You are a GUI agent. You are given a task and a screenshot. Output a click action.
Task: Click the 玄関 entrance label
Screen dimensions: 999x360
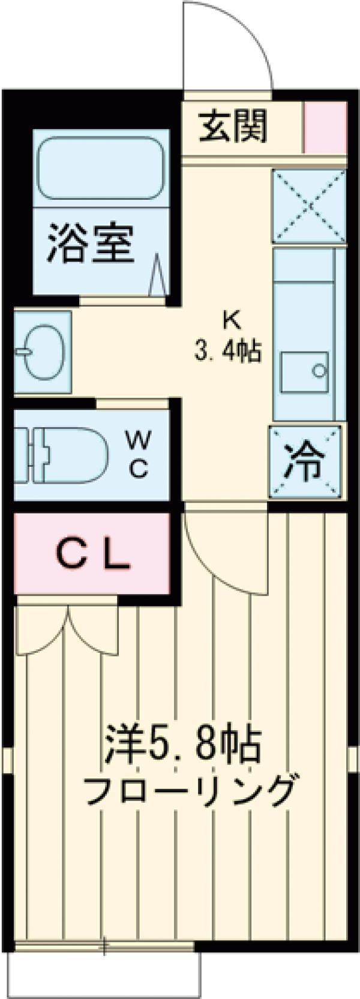233,128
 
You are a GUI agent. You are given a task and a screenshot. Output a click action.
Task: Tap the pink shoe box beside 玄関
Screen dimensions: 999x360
325,128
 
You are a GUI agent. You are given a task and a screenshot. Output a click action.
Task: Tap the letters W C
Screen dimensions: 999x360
138,455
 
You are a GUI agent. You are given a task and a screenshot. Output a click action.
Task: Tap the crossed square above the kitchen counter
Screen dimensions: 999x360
310,206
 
